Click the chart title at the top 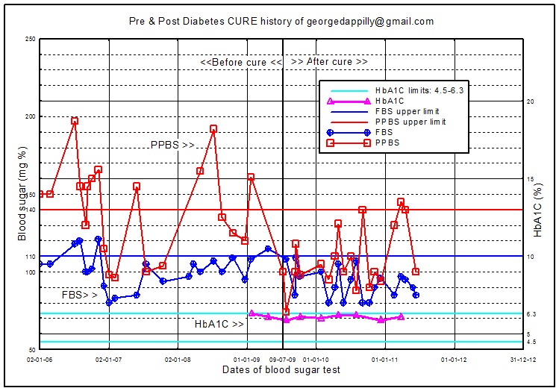click(280, 22)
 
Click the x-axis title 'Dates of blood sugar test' click(281, 369)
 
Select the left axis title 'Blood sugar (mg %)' click(23, 195)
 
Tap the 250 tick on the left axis click(31, 39)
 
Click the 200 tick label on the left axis click(31, 116)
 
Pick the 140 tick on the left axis click(31, 210)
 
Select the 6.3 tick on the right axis click(531, 314)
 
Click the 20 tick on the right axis click(531, 101)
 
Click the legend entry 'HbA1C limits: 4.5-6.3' click(419, 90)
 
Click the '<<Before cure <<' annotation click(241, 61)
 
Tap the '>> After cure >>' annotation click(329, 61)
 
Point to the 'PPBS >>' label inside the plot click(172, 145)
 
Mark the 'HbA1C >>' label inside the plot click(219, 325)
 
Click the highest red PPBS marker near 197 click(75, 121)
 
